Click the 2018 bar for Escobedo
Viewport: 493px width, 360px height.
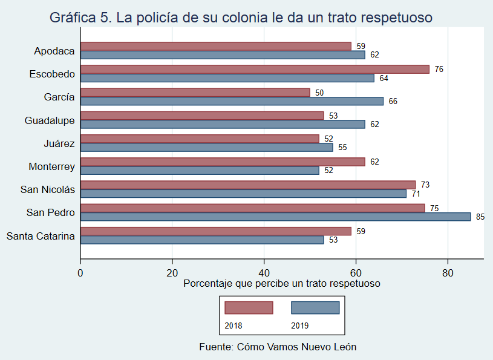coord(254,69)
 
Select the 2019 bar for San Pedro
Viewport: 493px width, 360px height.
coord(275,217)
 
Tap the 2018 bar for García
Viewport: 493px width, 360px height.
coord(195,92)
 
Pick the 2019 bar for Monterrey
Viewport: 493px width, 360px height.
coord(200,171)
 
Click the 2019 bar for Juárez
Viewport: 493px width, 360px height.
coord(206,147)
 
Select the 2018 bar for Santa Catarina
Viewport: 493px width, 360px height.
coord(215,231)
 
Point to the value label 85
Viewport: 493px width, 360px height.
coord(480,217)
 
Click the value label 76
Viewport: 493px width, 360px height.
coord(439,69)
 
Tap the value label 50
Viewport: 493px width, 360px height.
coord(319,93)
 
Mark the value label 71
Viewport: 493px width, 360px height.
coord(416,194)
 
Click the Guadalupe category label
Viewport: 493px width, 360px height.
coord(50,120)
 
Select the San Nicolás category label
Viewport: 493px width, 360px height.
coord(48,189)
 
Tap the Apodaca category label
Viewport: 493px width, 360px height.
coord(54,51)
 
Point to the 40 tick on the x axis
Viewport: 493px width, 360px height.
coord(264,272)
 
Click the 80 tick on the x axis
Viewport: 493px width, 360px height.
coord(448,272)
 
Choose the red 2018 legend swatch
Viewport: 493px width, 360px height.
coord(249,308)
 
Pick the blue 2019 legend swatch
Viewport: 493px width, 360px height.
coord(315,308)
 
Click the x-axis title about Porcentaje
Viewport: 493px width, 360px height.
coord(281,283)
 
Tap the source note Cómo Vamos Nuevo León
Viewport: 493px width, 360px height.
coord(278,347)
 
